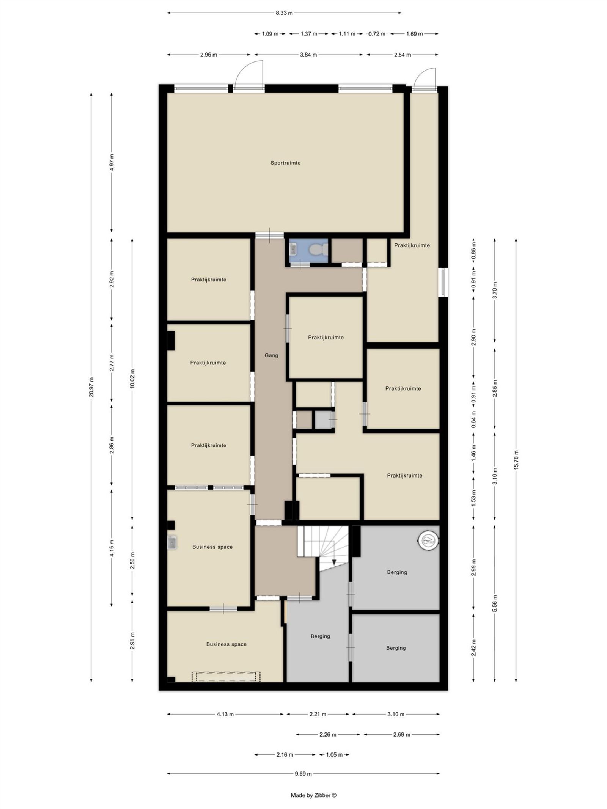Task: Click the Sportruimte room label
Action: click(x=285, y=163)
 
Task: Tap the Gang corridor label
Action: click(x=271, y=355)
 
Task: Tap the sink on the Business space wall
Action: click(x=172, y=543)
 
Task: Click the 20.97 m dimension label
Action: click(x=91, y=387)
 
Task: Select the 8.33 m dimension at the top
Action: click(x=284, y=13)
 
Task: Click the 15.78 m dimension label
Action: click(x=516, y=460)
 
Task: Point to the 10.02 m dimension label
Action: click(x=132, y=379)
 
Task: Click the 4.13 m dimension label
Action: click(x=225, y=714)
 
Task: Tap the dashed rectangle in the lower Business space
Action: click(x=226, y=677)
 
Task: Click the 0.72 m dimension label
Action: click(x=377, y=34)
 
